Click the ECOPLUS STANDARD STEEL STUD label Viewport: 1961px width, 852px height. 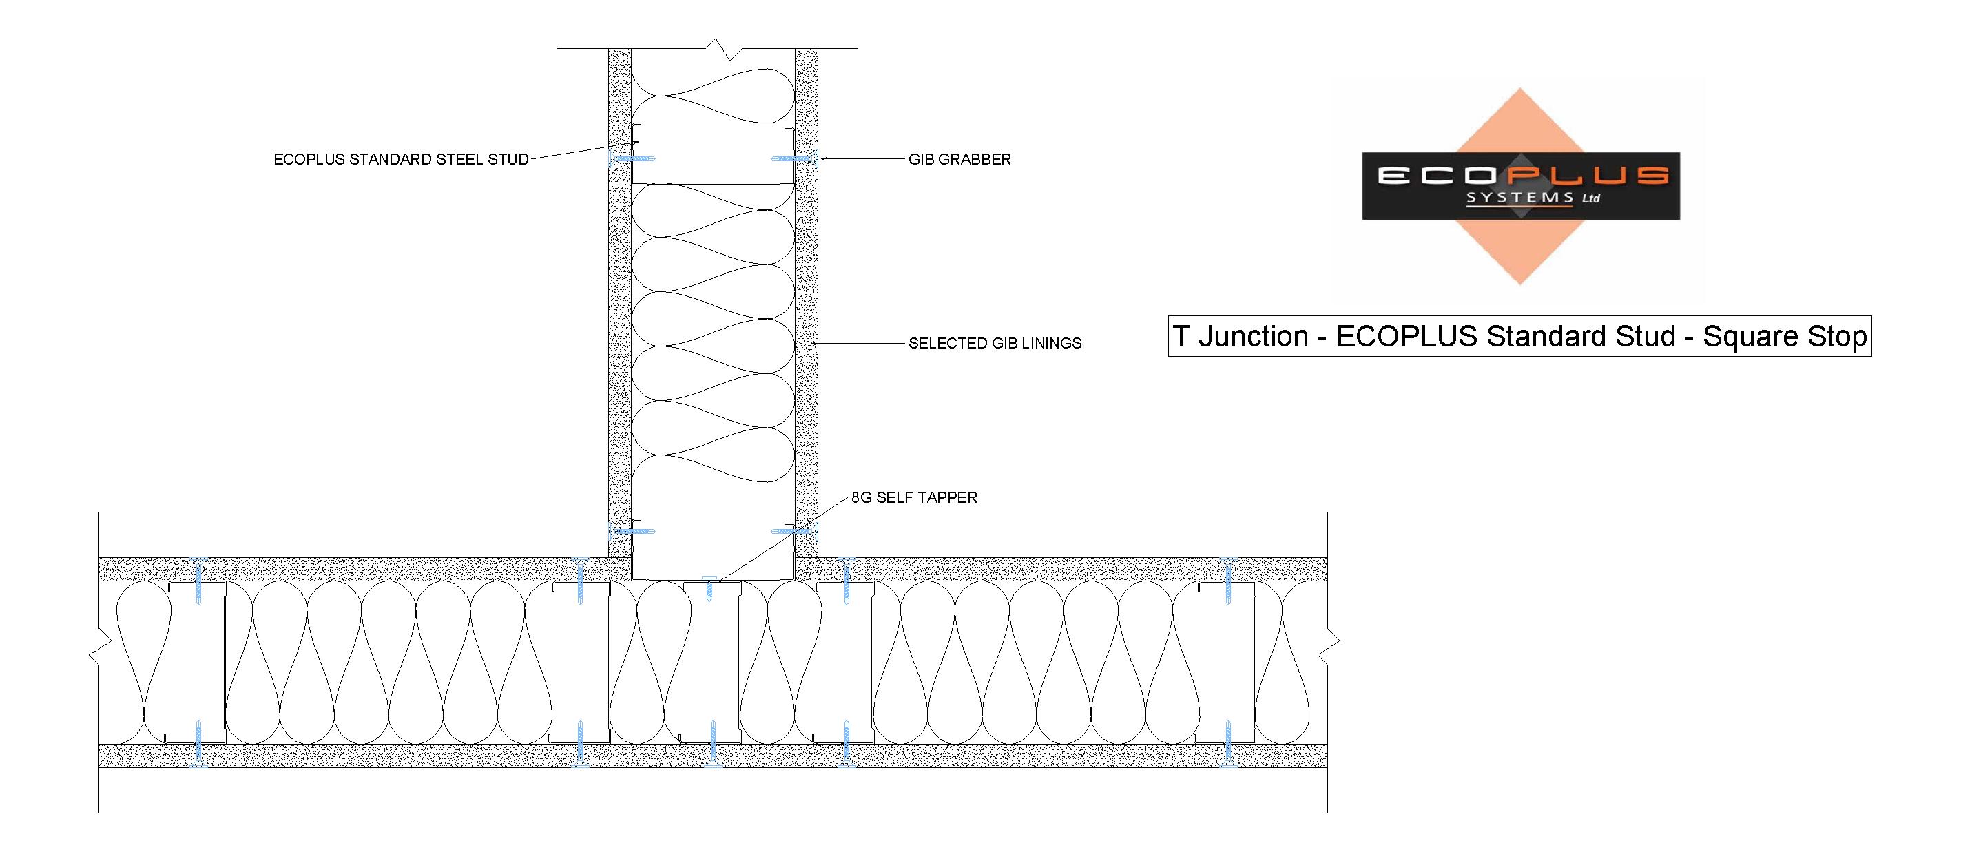[401, 159]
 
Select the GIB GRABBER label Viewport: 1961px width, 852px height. [959, 159]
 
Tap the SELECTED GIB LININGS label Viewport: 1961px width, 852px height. [995, 344]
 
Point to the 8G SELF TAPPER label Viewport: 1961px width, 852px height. [913, 497]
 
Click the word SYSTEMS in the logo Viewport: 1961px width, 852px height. [1520, 197]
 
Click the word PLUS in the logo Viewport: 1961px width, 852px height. [1587, 176]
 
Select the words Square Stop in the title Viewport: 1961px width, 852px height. [1785, 336]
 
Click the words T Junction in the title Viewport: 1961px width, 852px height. [1240, 336]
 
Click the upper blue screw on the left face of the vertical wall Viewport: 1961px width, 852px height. [631, 159]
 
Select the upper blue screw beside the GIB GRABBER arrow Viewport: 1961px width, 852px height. [794, 159]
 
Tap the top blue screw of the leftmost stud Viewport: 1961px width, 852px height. [198, 581]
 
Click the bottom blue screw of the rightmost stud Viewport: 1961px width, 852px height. [1227, 744]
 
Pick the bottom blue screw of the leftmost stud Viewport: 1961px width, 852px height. [198, 744]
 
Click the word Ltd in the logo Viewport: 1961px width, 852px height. [1591, 198]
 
